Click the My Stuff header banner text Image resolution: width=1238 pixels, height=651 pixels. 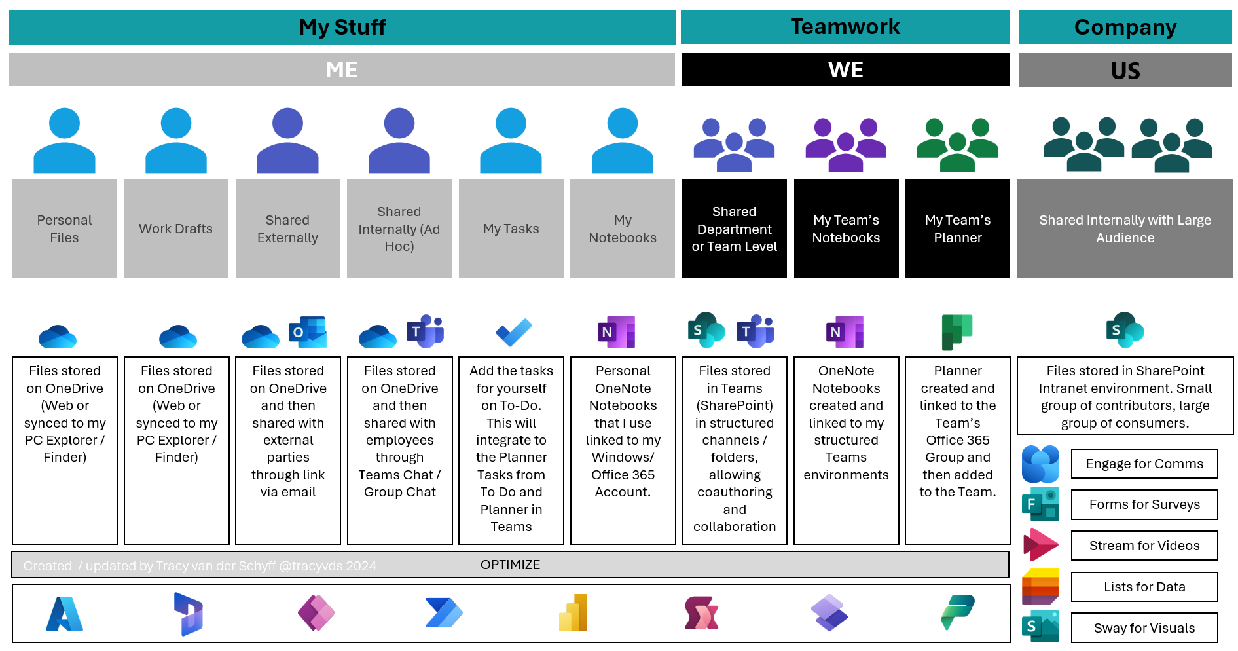point(342,28)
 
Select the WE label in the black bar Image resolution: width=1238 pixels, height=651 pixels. point(845,70)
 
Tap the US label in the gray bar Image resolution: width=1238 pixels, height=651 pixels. point(1125,71)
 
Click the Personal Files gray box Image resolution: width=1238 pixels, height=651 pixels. point(64,229)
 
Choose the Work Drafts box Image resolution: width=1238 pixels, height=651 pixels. point(175,229)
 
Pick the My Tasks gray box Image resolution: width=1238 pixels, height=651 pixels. point(511,229)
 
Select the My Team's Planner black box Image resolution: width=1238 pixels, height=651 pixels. point(957,229)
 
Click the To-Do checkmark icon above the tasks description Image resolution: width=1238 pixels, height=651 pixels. point(513,332)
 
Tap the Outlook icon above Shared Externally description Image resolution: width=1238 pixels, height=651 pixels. point(308,332)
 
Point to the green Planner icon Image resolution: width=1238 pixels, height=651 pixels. point(956,331)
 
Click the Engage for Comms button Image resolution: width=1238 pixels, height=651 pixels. point(1144,464)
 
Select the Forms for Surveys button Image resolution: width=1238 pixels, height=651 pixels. point(1144,504)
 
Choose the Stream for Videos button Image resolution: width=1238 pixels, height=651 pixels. point(1144,546)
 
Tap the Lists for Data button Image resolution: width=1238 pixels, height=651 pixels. point(1144,587)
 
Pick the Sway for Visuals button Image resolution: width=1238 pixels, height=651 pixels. point(1144,628)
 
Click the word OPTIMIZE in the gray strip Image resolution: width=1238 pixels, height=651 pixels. point(510,565)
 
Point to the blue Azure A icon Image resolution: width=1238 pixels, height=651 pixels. point(64,614)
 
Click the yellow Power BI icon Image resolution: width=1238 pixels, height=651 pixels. point(573,614)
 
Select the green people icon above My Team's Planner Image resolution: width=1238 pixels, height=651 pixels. point(957,144)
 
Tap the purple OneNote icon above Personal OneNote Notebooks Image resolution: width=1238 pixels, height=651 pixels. point(616,332)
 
